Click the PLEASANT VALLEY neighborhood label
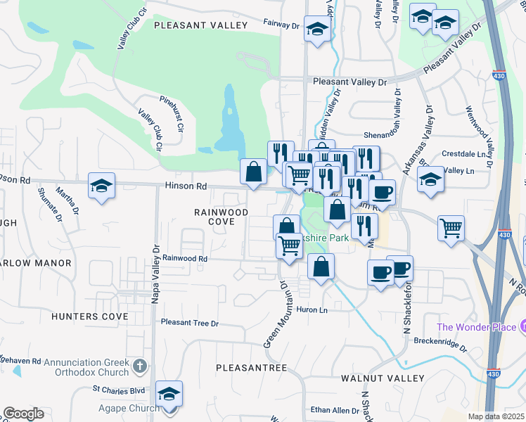200,25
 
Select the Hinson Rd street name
186,187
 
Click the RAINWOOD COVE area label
222,217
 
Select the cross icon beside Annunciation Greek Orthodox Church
139,366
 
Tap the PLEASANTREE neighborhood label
251,368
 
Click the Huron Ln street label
314,309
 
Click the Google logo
23,414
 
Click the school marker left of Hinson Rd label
102,186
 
